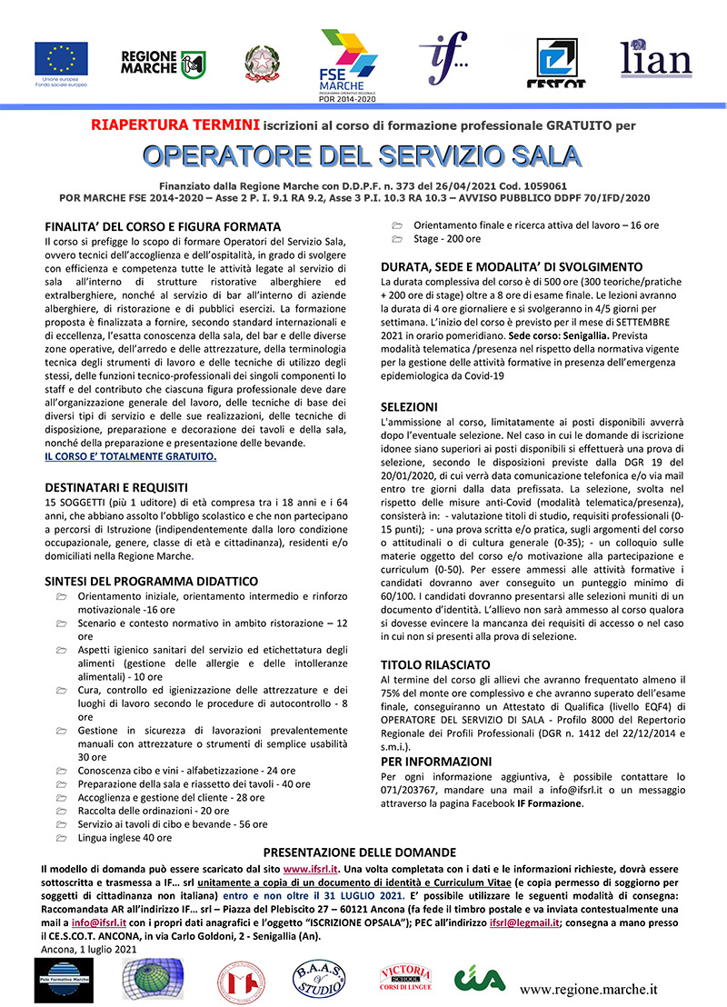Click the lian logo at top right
coord(656,57)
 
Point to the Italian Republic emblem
coord(262,63)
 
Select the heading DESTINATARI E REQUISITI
coord(116,486)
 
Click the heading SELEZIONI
coord(409,406)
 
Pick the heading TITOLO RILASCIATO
coord(435,664)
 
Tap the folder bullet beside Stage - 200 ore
coord(395,239)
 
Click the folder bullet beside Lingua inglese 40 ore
coord(61,837)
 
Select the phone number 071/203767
coord(409,790)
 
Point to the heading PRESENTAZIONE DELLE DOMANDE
coord(359,852)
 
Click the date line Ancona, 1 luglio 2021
coord(89,949)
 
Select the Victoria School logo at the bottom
coord(404,980)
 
